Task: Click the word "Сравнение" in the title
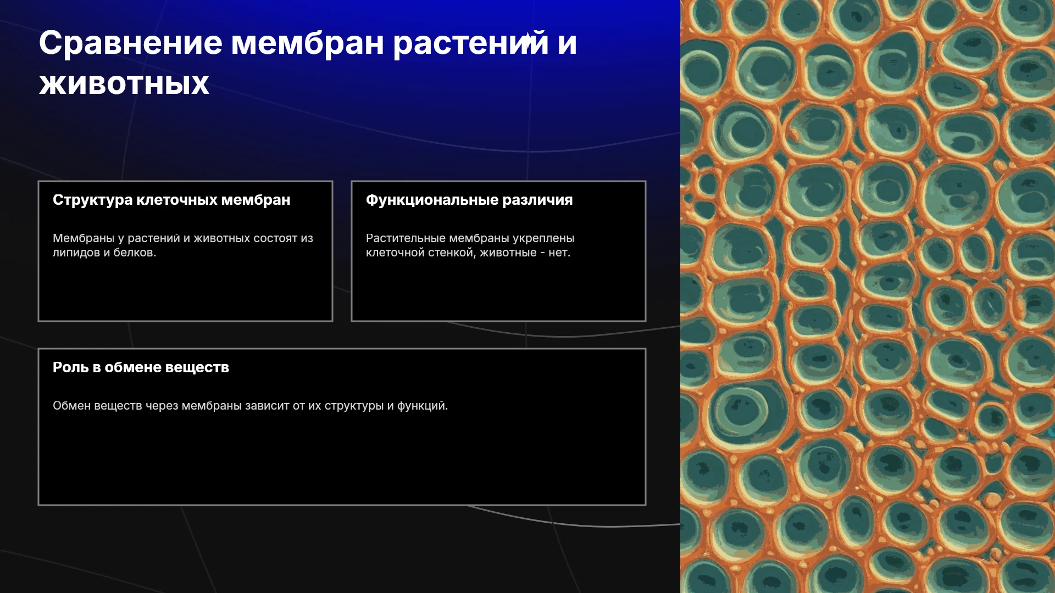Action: click(x=131, y=43)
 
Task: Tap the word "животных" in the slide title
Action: click(x=124, y=85)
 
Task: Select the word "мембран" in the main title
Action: click(x=307, y=43)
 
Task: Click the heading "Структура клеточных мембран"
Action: click(x=171, y=200)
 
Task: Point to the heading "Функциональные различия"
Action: click(x=469, y=200)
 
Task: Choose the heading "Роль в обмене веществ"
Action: click(x=141, y=367)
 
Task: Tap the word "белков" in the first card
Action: click(x=134, y=253)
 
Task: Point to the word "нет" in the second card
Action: click(x=559, y=253)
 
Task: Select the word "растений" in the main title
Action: click(x=471, y=43)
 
